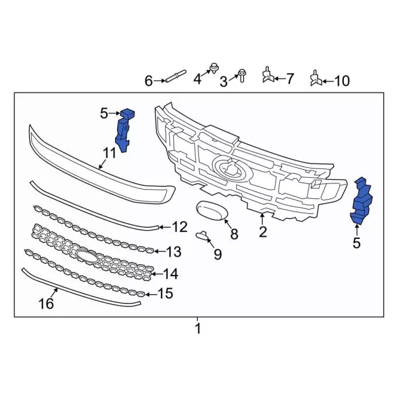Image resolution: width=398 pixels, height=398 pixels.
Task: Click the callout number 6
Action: tap(149, 81)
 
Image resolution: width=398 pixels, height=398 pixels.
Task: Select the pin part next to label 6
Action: tap(175, 76)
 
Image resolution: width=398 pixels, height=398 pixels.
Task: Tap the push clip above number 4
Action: tap(214, 68)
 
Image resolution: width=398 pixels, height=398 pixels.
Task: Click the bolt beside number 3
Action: tap(241, 75)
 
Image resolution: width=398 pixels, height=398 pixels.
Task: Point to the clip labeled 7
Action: tap(268, 75)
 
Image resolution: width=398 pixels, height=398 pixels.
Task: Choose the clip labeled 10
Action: tap(317, 78)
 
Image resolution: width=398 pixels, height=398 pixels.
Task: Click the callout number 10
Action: tap(341, 81)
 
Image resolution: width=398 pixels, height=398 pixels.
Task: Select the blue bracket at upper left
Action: tap(124, 130)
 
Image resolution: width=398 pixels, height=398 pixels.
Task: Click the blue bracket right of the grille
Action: tap(361, 201)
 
